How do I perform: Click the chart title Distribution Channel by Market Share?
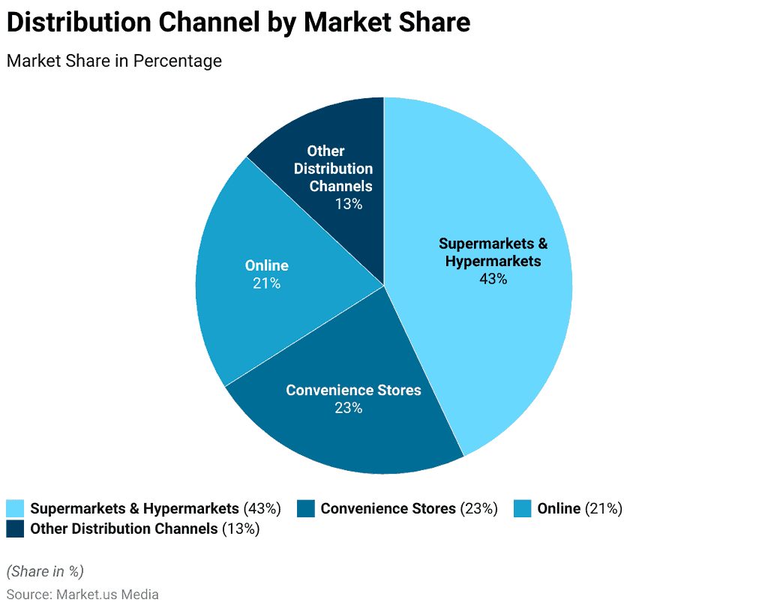[238, 23]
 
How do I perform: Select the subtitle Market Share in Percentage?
[114, 61]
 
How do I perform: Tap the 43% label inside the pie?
[493, 279]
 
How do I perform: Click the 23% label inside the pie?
[349, 408]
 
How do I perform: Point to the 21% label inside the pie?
[266, 283]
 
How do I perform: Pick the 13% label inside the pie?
[349, 204]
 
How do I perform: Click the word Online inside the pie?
[266, 265]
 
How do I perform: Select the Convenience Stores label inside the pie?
[353, 390]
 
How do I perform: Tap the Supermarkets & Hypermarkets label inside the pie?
[493, 253]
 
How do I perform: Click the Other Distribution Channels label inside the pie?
[333, 169]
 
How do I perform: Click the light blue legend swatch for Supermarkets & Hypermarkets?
[15, 508]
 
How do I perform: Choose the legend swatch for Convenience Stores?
[306, 508]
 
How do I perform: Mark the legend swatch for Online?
[523, 508]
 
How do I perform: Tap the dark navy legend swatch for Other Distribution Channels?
[15, 529]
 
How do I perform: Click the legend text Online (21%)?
[580, 508]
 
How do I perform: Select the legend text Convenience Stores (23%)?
[409, 508]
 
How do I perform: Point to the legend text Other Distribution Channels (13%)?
[145, 529]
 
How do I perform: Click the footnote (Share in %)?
[45, 571]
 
